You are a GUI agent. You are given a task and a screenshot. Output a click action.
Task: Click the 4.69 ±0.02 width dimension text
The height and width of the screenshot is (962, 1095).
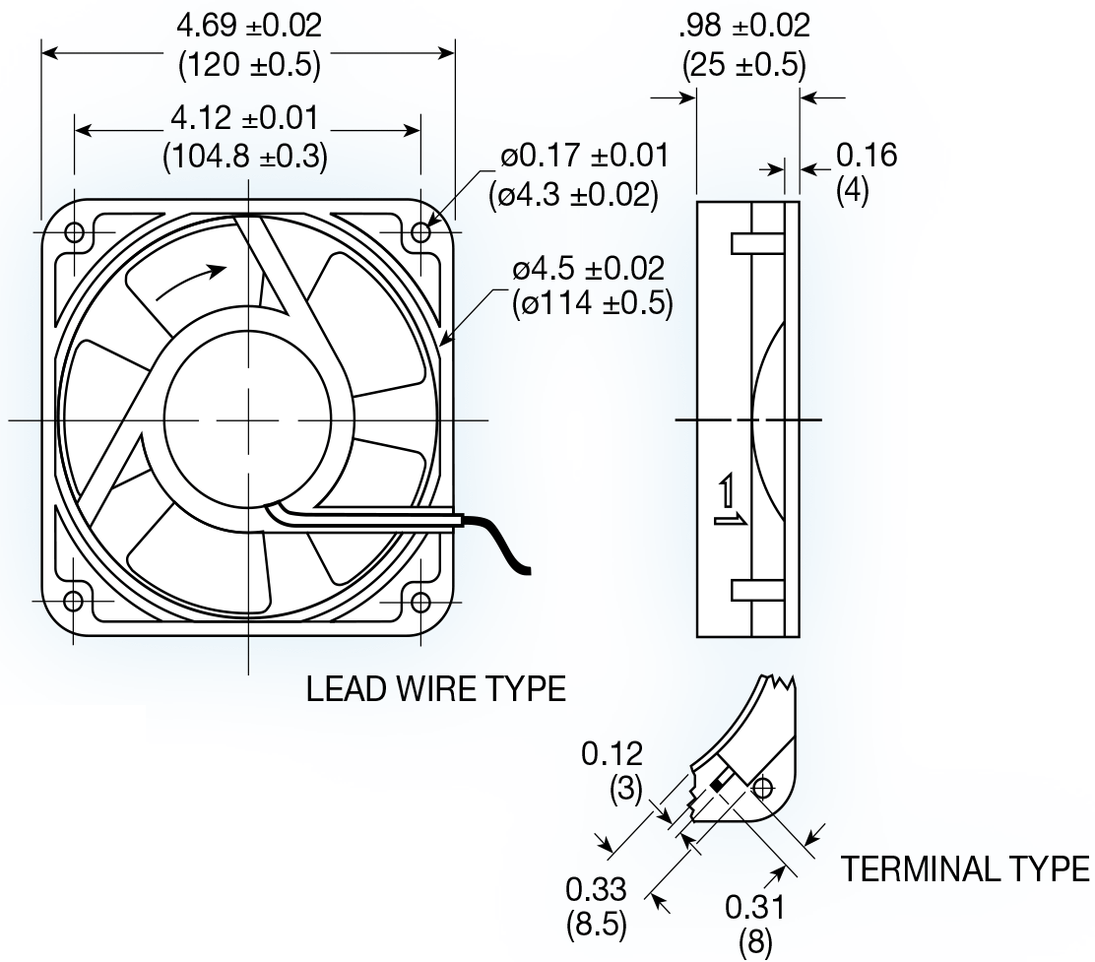tap(248, 25)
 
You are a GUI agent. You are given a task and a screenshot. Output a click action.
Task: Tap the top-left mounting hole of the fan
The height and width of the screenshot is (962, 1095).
tap(74, 232)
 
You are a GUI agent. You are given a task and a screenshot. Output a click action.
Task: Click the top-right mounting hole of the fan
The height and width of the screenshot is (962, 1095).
tap(420, 232)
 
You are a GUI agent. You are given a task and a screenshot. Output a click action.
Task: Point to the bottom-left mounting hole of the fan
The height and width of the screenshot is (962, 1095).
tap(74, 601)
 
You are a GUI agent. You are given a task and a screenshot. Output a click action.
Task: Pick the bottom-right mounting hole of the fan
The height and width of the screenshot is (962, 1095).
tap(420, 601)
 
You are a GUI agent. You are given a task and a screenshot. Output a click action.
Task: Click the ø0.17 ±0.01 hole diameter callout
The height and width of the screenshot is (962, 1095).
tap(583, 156)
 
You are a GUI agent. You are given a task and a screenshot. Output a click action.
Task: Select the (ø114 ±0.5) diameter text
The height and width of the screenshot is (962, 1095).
tap(592, 303)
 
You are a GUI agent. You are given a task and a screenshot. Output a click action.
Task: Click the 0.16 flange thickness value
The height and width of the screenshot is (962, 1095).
tap(867, 156)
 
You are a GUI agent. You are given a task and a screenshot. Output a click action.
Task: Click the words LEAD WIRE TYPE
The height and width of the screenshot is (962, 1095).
tap(436, 689)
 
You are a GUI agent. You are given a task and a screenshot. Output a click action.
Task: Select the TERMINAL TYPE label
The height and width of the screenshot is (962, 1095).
tap(964, 869)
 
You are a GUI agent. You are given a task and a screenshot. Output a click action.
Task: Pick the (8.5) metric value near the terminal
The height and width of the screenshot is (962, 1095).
tap(597, 926)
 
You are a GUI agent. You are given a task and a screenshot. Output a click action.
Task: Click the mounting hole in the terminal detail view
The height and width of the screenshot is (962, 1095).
tap(763, 787)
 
